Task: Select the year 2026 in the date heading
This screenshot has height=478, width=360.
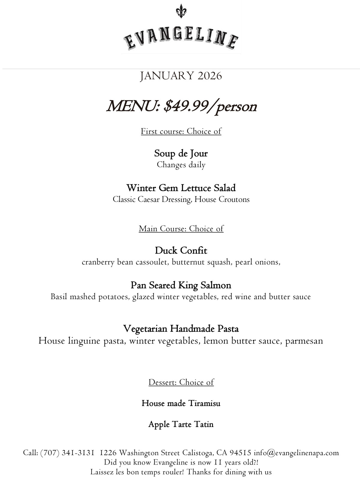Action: point(210,76)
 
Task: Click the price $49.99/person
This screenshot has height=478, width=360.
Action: point(210,106)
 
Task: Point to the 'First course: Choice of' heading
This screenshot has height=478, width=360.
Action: point(181,131)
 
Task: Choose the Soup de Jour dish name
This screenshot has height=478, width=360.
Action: point(181,153)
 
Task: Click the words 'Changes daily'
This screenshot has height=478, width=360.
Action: point(181,165)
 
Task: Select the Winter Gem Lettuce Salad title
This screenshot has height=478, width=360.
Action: point(181,188)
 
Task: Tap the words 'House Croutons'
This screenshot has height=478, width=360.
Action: point(222,199)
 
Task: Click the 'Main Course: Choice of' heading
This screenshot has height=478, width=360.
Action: point(181,229)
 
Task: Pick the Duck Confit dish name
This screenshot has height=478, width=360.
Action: point(181,250)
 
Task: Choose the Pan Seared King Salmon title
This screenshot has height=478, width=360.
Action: point(181,285)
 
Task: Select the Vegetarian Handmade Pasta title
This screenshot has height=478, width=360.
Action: point(181,329)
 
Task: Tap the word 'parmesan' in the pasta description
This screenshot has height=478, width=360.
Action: point(304,341)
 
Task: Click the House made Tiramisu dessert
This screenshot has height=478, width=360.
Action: point(181,403)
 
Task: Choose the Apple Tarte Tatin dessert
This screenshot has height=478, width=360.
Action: point(181,425)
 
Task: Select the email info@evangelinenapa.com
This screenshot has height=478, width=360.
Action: point(296,453)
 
